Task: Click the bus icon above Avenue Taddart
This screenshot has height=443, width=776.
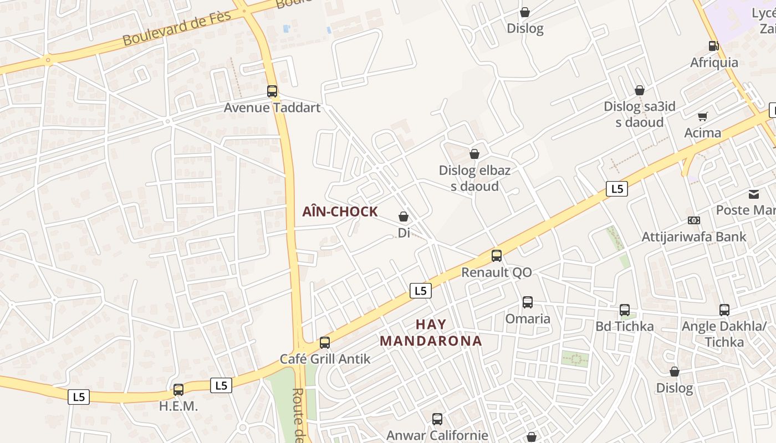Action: click(x=272, y=91)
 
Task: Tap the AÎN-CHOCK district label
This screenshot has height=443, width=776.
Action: click(x=340, y=212)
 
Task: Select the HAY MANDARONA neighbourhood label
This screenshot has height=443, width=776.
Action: click(x=431, y=332)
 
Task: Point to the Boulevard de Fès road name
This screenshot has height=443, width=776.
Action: click(x=176, y=28)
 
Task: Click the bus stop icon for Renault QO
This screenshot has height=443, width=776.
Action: click(x=497, y=256)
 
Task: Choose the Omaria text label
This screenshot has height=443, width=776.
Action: click(x=528, y=319)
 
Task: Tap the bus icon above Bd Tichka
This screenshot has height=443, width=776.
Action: click(x=625, y=310)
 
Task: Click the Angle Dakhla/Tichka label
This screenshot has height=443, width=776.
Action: click(x=724, y=334)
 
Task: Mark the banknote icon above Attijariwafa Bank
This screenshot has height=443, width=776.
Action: click(x=694, y=220)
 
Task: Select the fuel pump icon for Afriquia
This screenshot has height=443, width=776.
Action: click(x=714, y=46)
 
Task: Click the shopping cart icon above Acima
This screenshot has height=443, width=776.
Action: click(x=703, y=116)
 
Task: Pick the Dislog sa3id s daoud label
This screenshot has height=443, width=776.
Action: click(x=640, y=114)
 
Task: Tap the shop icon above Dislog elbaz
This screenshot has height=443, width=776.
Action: click(x=474, y=154)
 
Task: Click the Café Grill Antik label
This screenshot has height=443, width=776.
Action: click(x=325, y=359)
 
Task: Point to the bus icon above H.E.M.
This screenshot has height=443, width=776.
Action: click(x=178, y=390)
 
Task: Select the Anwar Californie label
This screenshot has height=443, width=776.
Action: click(x=437, y=435)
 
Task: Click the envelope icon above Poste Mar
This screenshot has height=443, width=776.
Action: click(x=754, y=194)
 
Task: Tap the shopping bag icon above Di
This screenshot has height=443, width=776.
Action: click(x=404, y=217)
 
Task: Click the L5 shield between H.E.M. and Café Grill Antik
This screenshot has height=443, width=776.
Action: click(x=221, y=385)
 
